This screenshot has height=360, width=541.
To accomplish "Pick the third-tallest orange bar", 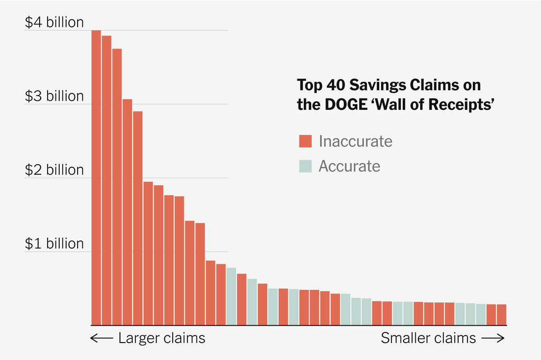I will tap(117, 187).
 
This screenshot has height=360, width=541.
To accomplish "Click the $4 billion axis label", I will tap(54, 23).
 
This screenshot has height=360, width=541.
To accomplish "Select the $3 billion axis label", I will tap(54, 97).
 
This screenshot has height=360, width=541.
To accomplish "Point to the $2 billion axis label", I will tap(54, 170).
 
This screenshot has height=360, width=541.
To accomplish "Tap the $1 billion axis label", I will tap(54, 244).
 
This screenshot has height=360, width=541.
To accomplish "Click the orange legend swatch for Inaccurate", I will tap(306, 141).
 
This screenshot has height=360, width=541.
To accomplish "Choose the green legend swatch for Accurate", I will tap(306, 166).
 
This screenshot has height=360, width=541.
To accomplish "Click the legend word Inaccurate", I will tap(355, 141).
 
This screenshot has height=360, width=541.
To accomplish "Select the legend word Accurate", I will tap(349, 166).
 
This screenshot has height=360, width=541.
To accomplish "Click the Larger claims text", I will tap(161, 338).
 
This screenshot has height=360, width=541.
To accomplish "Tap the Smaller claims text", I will tap(428, 338).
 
